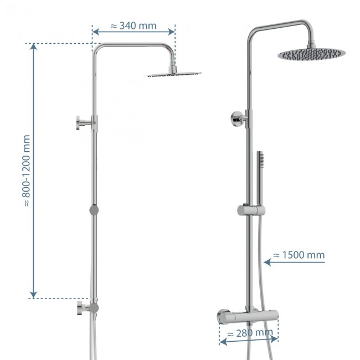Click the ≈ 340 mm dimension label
pyautogui.click(x=133, y=25)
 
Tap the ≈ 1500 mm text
pyautogui.click(x=299, y=255)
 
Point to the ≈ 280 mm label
pyautogui.click(x=250, y=334)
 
